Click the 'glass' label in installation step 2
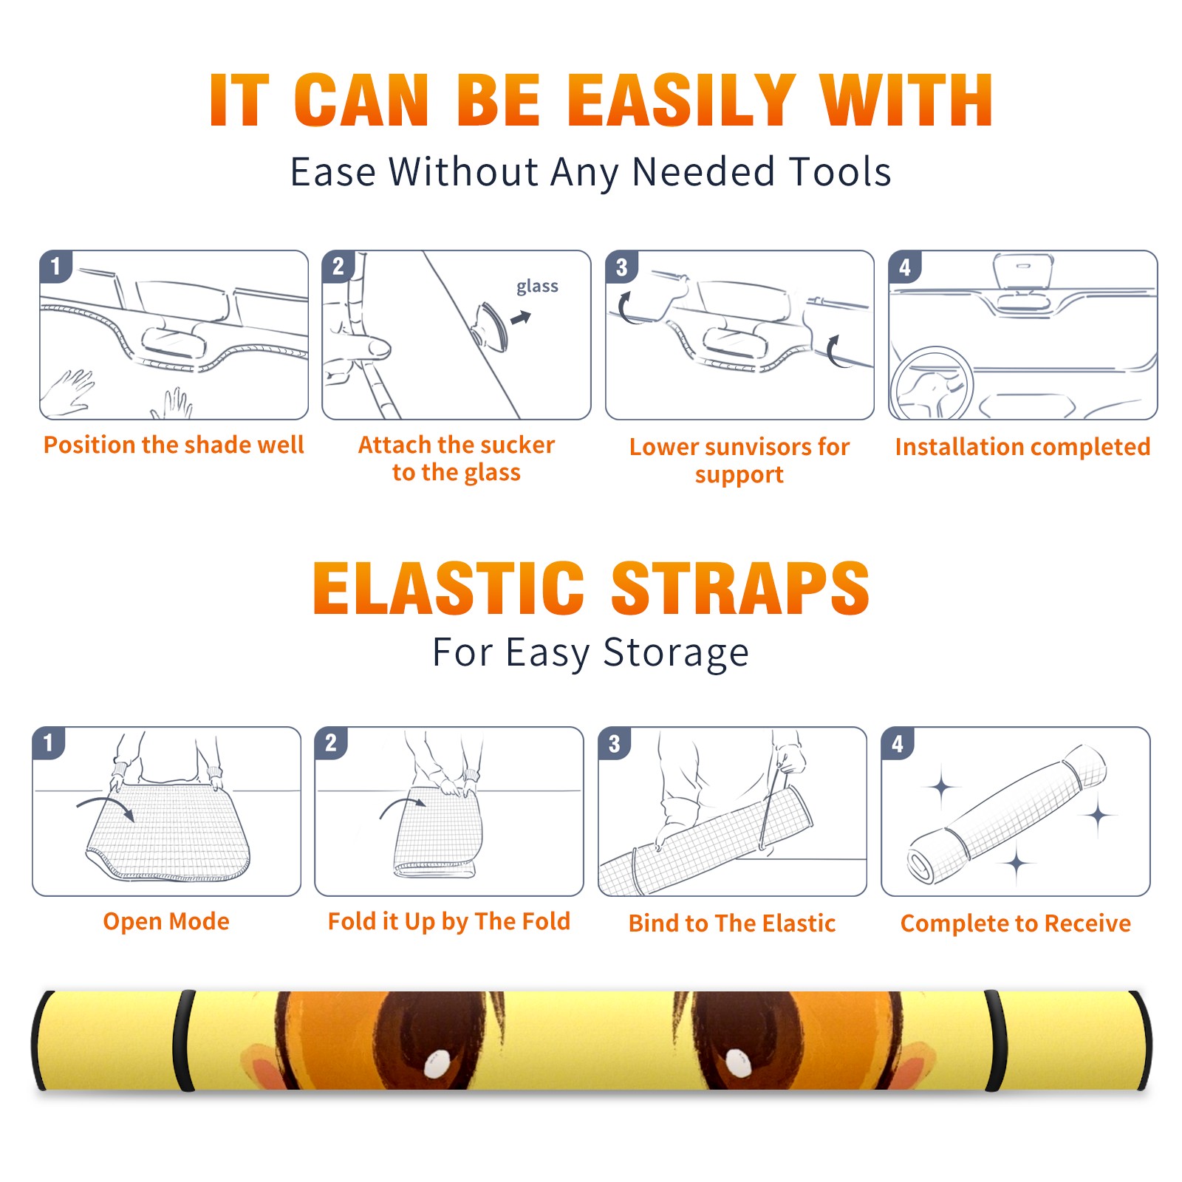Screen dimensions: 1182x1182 537,287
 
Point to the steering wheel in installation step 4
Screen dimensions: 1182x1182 932,383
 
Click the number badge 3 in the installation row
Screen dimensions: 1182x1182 621,267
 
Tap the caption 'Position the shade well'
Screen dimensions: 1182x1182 174,445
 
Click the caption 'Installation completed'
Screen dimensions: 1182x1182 1022,447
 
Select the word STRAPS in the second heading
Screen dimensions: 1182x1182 740,588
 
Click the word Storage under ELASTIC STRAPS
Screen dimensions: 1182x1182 676,654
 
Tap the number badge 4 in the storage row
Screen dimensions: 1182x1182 898,743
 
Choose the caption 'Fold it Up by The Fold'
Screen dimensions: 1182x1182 449,921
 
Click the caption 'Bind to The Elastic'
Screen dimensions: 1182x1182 732,923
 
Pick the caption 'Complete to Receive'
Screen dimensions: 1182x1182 1016,923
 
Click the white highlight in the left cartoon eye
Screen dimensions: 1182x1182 437,1064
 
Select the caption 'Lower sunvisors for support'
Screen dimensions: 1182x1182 739,460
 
